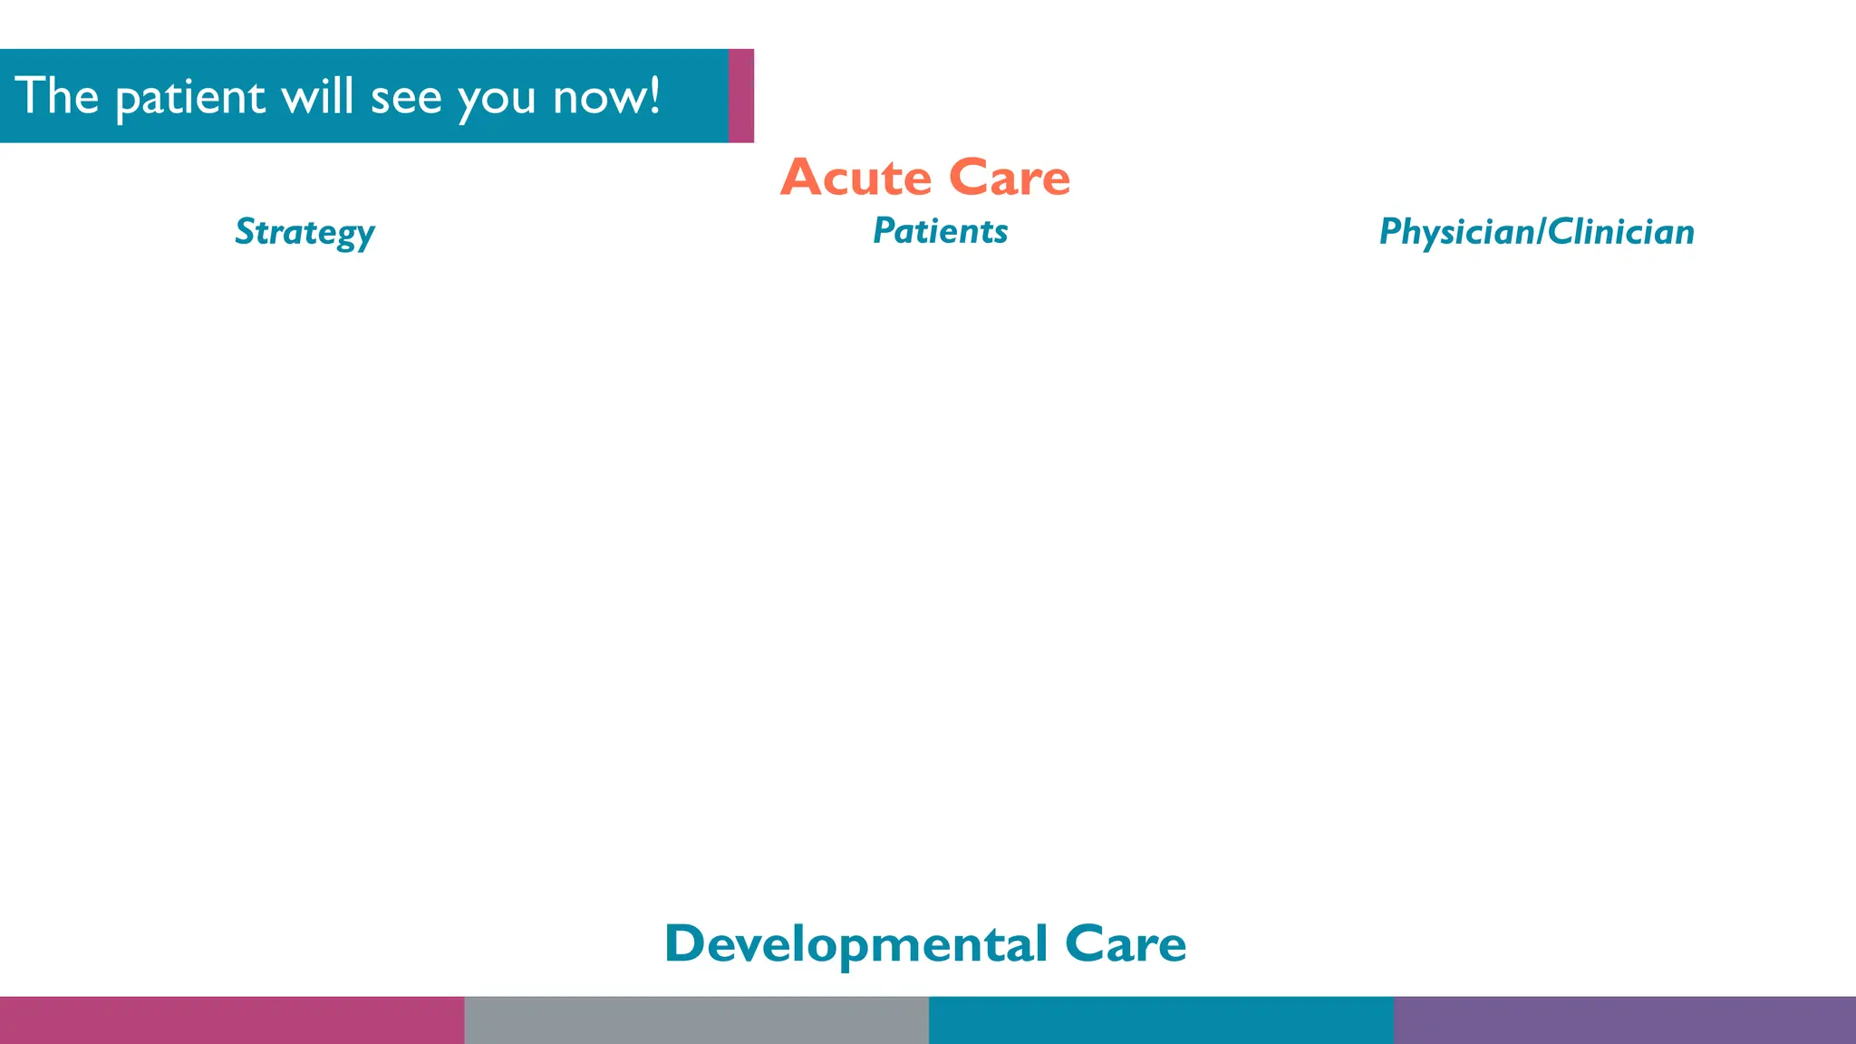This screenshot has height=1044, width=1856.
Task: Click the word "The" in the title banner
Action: click(56, 96)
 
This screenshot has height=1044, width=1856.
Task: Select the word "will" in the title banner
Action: click(316, 96)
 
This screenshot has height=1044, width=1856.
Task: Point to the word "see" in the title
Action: click(405, 98)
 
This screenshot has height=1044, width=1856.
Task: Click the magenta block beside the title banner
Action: click(740, 96)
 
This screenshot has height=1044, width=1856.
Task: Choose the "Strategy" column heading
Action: click(304, 232)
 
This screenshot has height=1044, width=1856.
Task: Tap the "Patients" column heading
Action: click(940, 231)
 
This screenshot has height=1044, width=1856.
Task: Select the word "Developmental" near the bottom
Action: click(856, 943)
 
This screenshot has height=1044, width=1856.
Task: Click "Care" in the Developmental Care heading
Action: click(1126, 943)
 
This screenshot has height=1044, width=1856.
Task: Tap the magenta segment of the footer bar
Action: click(232, 1020)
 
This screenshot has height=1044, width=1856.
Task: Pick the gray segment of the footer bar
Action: click(696, 1020)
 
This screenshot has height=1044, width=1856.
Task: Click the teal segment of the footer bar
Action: click(1161, 1020)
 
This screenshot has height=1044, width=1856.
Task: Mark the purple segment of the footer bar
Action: click(1624, 1020)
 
